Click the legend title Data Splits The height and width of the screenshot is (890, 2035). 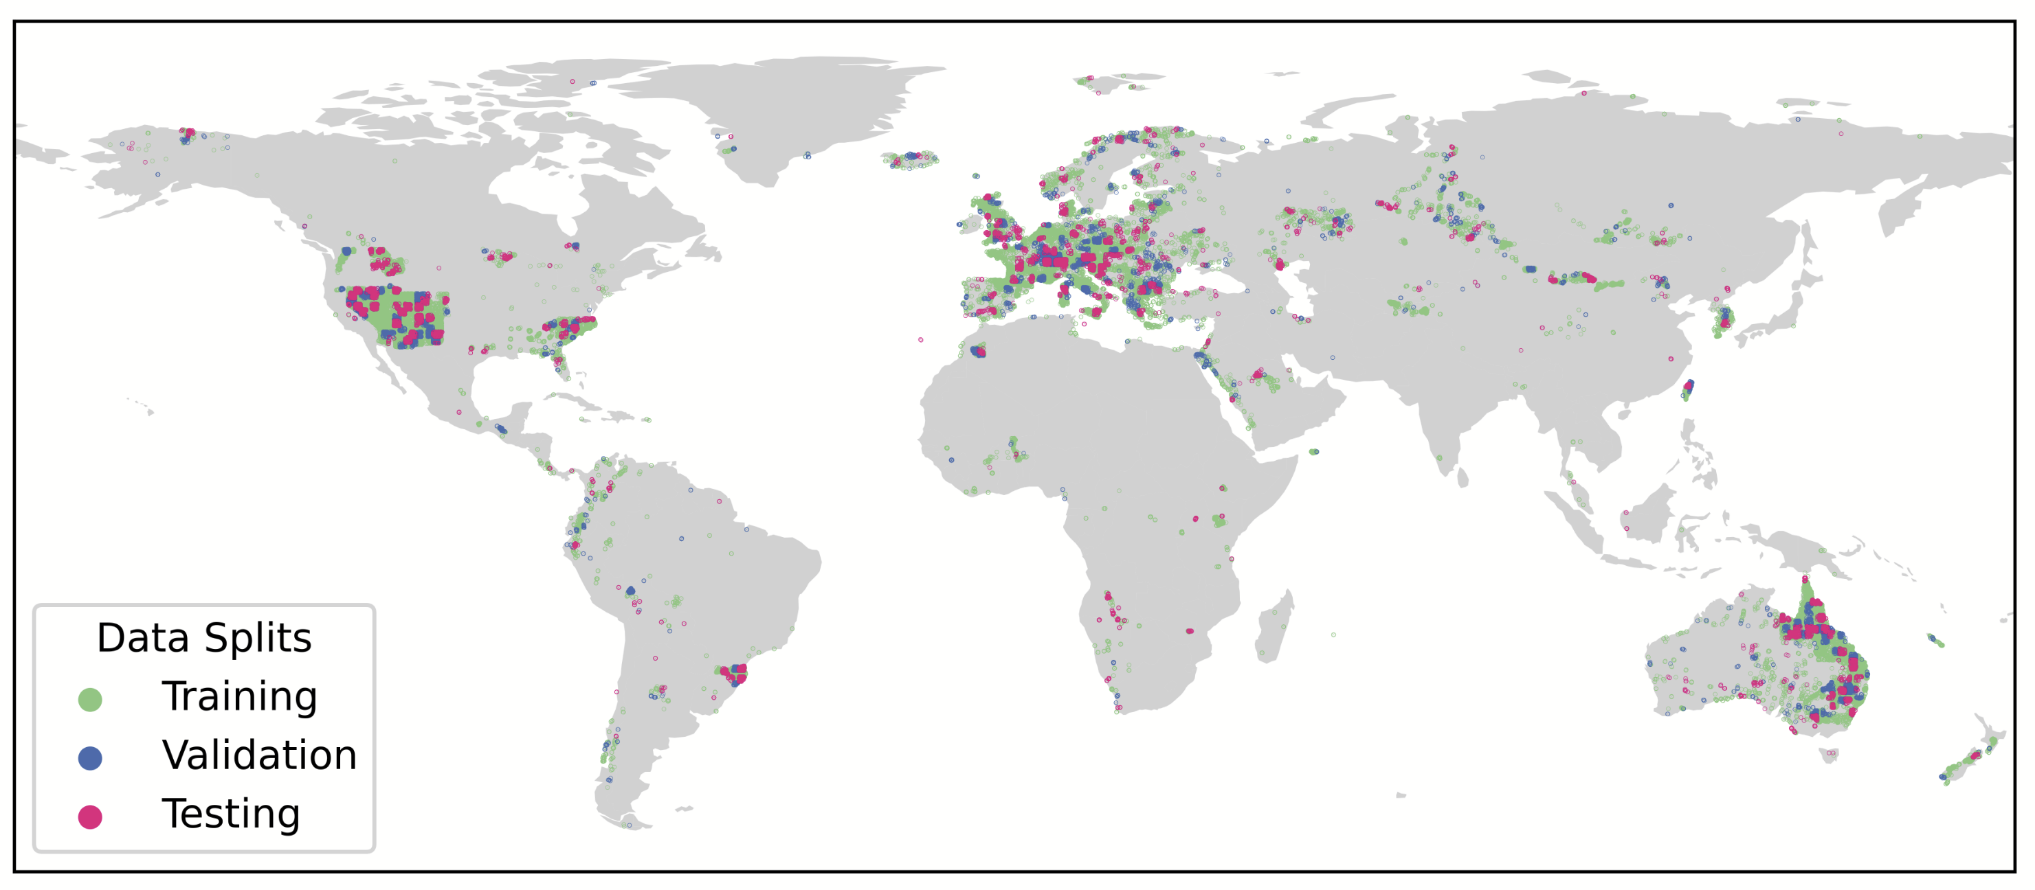coord(204,638)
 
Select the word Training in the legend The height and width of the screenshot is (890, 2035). coord(239,696)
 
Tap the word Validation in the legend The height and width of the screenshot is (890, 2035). coord(259,756)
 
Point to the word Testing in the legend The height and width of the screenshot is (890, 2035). coord(231,814)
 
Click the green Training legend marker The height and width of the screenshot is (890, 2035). coord(90,700)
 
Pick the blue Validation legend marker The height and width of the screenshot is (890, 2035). coord(90,759)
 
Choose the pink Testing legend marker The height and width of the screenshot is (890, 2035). coord(90,817)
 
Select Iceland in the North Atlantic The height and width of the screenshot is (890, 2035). coord(910,160)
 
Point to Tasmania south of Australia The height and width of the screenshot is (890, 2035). coord(1829,756)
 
